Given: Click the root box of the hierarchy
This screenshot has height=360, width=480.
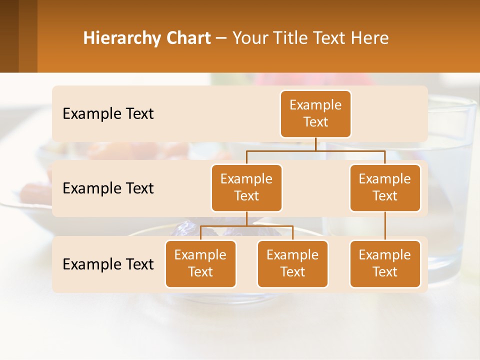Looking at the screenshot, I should click(315, 113).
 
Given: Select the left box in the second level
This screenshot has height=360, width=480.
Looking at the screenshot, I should click(246, 187).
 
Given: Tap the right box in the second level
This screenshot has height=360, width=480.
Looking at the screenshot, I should click(385, 187).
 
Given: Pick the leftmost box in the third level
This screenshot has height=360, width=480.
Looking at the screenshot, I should click(200, 263).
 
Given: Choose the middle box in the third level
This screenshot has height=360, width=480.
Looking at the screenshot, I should click(292, 263).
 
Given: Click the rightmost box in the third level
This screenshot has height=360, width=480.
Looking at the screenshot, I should click(385, 263).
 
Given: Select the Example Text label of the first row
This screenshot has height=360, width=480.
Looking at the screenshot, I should click(108, 114).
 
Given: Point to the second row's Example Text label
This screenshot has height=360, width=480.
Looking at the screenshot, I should click(108, 188).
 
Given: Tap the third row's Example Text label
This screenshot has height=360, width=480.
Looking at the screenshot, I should click(108, 264).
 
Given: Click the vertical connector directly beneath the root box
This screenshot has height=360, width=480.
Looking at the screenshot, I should click(315, 144).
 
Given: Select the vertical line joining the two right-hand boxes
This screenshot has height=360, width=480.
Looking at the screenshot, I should click(385, 226).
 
